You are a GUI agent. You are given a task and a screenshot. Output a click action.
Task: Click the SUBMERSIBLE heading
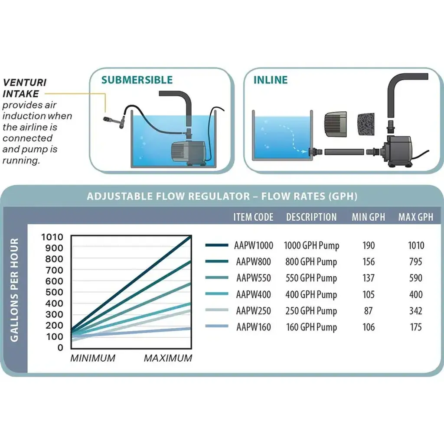137,80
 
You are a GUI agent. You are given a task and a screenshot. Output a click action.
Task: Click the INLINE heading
271,80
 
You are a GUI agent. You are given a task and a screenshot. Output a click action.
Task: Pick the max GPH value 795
415,262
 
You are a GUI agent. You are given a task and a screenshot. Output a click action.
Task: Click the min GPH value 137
369,278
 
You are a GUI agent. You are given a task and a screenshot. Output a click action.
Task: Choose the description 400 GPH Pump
311,294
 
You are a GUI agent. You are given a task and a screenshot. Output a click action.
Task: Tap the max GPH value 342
415,311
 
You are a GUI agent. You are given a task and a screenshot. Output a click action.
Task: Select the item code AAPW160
254,327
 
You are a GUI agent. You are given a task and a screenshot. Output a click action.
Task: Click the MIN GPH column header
369,217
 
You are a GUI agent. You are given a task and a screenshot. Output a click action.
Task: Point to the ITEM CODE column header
253,217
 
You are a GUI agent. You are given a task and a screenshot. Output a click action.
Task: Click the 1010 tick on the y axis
52,237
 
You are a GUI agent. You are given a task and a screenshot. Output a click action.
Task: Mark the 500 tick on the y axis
55,292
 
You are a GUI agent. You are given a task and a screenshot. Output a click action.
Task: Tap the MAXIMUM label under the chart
168,359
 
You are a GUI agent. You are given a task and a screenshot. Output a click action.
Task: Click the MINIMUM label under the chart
93,359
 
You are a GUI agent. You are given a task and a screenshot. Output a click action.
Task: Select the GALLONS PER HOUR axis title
15,290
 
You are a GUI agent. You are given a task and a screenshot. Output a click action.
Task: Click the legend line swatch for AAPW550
217,278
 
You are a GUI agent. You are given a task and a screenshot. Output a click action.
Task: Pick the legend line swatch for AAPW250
217,311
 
